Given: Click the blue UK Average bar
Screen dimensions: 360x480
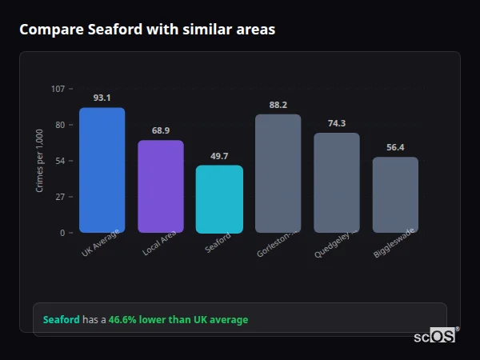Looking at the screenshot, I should point(102,170).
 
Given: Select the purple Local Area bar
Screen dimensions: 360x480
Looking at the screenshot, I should point(161,186).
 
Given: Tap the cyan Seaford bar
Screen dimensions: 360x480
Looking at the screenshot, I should point(219,199).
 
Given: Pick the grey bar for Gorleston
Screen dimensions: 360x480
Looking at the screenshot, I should point(278,174).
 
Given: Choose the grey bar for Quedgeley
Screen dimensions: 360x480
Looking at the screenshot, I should point(337,182).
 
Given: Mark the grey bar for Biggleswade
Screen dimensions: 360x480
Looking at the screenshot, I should point(395,194).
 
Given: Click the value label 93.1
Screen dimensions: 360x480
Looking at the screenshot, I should point(102,98).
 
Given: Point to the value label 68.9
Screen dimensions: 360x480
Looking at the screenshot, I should point(161,130).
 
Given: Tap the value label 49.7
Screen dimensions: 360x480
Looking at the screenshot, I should point(219,156).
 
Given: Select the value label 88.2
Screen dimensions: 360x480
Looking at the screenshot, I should point(278,105).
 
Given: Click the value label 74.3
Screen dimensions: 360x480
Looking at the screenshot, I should point(337,123).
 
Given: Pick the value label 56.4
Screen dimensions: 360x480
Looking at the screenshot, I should point(395,147).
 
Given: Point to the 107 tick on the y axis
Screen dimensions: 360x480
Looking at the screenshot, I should point(58,89).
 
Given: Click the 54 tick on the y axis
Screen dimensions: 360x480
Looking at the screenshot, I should point(60,161).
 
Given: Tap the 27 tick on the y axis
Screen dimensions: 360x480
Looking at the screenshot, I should point(60,197).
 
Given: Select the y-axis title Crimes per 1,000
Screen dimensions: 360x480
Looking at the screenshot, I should point(40,160).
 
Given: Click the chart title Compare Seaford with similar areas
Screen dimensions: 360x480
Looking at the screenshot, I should point(147,30).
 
